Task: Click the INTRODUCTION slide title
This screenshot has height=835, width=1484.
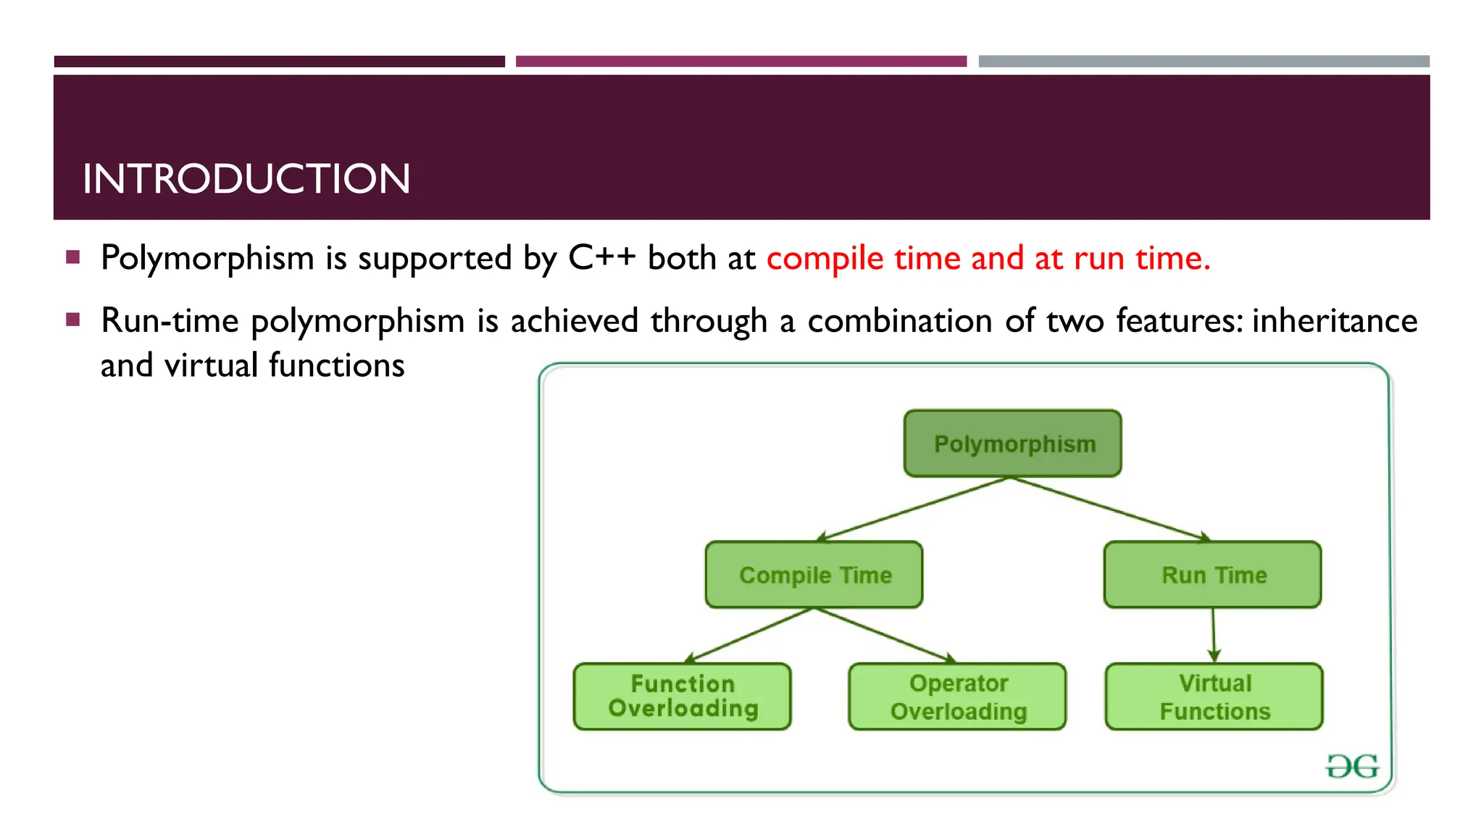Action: tap(246, 179)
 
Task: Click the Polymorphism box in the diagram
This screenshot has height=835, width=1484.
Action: tap(1012, 444)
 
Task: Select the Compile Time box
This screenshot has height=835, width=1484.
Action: tap(814, 575)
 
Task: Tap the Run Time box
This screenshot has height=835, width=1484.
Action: tap(1212, 575)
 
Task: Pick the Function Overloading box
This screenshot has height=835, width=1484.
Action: tap(682, 697)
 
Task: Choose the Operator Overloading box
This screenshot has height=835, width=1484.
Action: tap(957, 697)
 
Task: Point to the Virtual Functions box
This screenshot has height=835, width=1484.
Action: tap(1214, 697)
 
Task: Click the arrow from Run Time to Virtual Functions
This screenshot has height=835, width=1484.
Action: tap(1214, 634)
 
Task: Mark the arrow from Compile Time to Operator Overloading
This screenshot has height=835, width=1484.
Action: tap(884, 635)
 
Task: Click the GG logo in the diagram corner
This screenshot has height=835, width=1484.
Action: tap(1351, 766)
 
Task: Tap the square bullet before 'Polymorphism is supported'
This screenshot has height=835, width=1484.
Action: tap(72, 257)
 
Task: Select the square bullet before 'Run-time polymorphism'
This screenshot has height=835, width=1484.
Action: tap(72, 320)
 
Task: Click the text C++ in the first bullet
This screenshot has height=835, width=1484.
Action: tap(601, 258)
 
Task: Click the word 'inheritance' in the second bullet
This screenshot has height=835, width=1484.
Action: tap(1334, 321)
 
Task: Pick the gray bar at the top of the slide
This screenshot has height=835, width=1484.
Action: tap(1204, 62)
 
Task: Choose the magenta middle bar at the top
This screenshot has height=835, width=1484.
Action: tap(741, 62)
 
